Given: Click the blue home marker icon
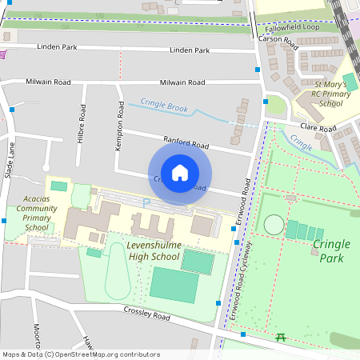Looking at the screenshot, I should click(180, 172).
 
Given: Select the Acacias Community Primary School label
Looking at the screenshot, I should click(37, 214).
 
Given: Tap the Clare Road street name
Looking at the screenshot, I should click(318, 128).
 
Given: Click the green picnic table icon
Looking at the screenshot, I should click(281, 339).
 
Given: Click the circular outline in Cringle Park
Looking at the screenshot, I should click(274, 224).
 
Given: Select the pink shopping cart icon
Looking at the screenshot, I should click(4, 54).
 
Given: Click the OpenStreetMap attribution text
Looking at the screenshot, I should click(81, 354).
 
